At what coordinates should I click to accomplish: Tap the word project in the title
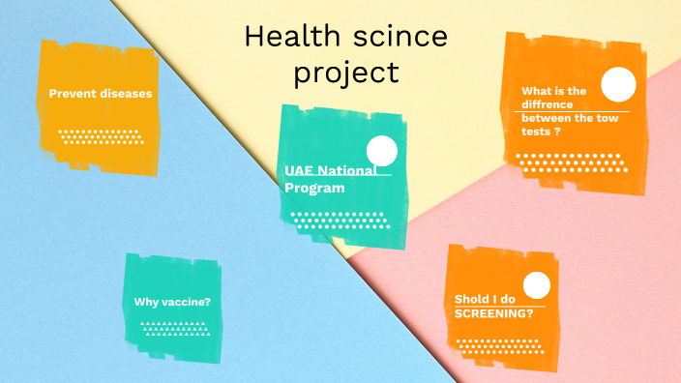tap(346, 73)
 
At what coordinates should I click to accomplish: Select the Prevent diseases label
tap(101, 94)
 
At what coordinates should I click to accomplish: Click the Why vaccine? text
tap(172, 302)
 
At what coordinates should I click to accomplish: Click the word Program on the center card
tap(314, 188)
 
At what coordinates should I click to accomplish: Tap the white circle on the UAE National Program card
tap(383, 152)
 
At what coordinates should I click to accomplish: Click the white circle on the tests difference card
tap(618, 86)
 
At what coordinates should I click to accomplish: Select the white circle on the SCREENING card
tap(537, 284)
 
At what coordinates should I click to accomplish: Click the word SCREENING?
tap(494, 314)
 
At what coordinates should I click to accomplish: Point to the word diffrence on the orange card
tap(548, 104)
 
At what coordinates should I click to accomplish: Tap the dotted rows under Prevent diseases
tap(102, 136)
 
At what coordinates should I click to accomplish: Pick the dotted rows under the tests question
tap(566, 160)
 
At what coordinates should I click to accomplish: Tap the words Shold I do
tap(487, 299)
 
